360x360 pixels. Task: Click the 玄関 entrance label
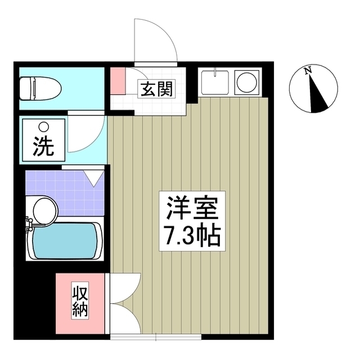tap(153, 88)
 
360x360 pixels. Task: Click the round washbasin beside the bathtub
tap(44, 209)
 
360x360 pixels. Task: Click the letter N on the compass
tap(307, 71)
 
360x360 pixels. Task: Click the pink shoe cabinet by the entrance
tap(117, 80)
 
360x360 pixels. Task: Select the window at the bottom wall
tap(155, 337)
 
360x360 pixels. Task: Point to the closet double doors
tap(124, 304)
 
